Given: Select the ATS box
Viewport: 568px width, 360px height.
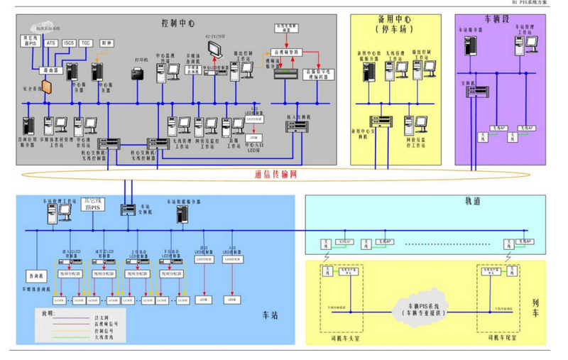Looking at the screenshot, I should click(51, 43).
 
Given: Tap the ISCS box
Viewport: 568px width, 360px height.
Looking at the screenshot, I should click(69, 43).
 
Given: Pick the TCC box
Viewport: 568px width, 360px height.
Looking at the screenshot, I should click(86, 43).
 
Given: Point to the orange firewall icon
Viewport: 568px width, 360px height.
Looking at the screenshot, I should click(46, 87).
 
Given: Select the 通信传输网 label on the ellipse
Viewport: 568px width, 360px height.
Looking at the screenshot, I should click(273, 174).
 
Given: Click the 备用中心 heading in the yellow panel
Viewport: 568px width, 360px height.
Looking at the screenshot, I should click(393, 23).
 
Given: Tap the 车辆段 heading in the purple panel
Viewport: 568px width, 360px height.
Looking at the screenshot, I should click(497, 19).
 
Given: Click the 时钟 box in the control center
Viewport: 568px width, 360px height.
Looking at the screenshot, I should click(107, 43).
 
